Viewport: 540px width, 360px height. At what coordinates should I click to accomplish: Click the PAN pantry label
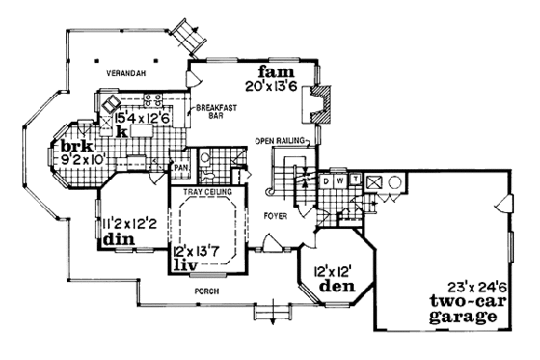180,168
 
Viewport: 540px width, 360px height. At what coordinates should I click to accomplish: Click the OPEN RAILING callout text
281,141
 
